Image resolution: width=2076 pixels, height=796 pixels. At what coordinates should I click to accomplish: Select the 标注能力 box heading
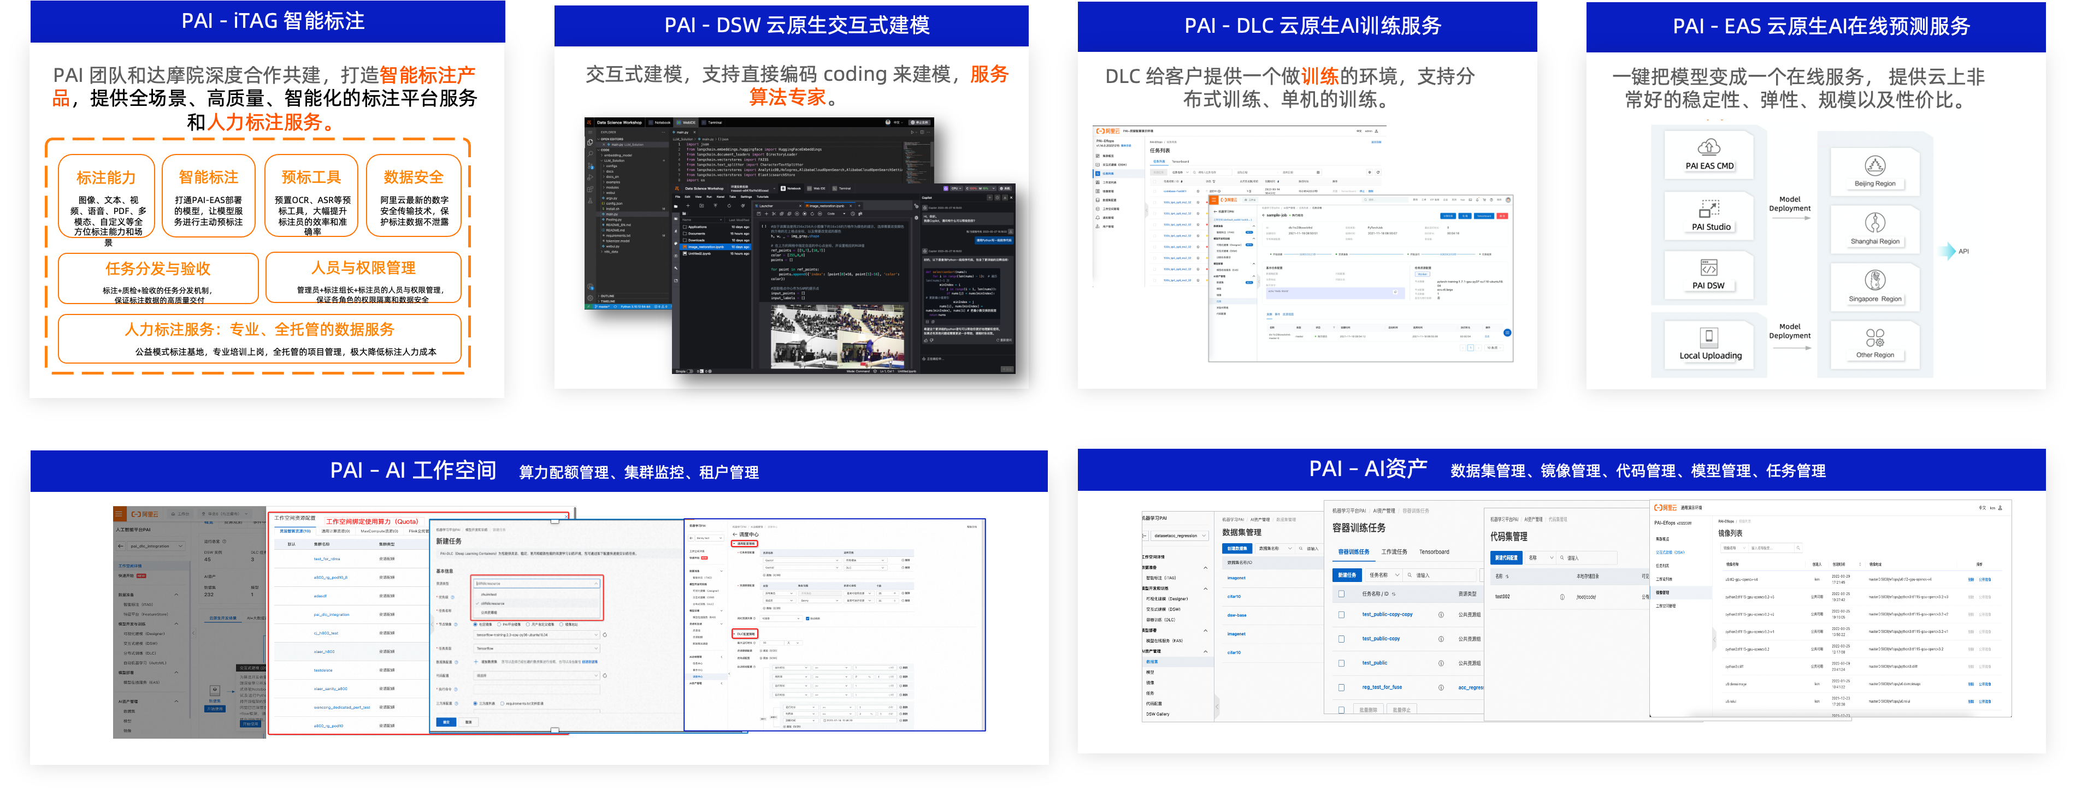(107, 177)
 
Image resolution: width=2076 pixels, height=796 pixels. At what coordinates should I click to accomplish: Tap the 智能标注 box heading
(209, 177)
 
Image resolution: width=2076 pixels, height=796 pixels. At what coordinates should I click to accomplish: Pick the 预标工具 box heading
(311, 177)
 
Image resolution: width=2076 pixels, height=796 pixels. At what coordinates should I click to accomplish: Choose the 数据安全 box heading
(414, 177)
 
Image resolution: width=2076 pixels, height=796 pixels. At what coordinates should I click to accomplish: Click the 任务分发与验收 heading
(158, 268)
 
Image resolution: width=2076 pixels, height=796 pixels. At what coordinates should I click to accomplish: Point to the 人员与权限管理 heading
(363, 268)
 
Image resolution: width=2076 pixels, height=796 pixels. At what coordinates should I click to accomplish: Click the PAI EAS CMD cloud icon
(1708, 147)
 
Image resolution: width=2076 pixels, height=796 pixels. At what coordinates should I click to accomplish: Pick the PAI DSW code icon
(1708, 268)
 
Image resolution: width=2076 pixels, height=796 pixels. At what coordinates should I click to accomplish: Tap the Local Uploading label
(1710, 355)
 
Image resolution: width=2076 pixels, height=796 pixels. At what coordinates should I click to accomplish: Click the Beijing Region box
(1874, 171)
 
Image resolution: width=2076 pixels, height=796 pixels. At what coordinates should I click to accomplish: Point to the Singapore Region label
(1874, 299)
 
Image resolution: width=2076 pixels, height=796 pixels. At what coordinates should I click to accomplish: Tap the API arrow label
(1963, 251)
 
